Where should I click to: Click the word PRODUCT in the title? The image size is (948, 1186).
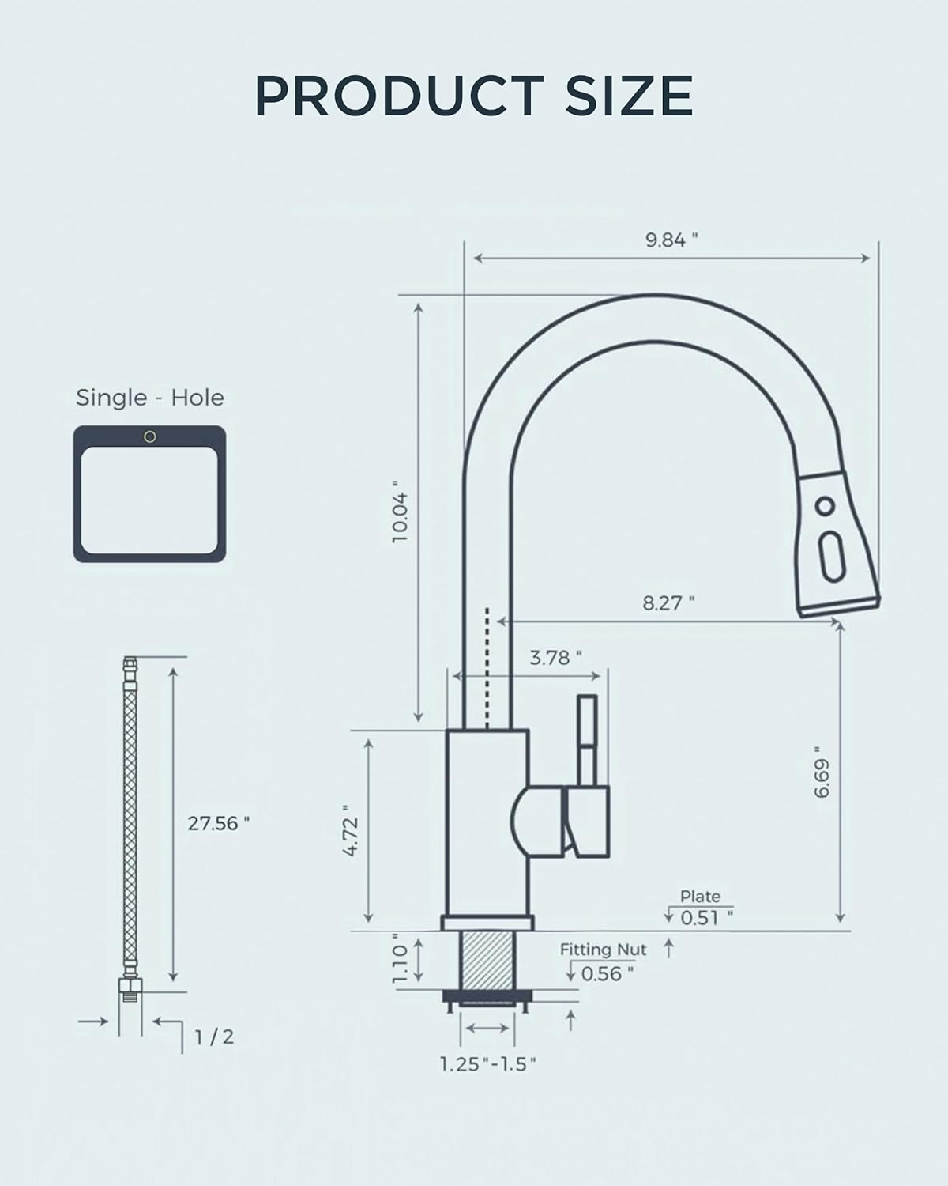point(398,96)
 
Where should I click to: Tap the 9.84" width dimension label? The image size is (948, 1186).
point(671,240)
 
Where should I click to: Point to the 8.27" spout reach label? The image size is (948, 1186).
point(668,603)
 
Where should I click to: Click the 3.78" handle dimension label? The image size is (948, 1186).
point(555,657)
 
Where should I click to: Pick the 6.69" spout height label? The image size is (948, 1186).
point(823,772)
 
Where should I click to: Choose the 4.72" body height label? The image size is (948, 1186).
point(352,830)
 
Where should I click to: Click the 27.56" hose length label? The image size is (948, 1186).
point(218,823)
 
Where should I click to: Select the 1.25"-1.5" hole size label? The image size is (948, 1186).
point(488,1064)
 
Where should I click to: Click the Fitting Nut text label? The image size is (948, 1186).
point(603,950)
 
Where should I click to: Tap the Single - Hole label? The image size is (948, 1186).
point(149,398)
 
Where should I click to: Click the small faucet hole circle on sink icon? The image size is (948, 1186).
point(149,437)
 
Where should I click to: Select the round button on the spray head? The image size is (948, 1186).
point(826,506)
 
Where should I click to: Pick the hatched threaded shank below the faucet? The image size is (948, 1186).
point(487,959)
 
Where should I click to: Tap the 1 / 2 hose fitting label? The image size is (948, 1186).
point(214,1037)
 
